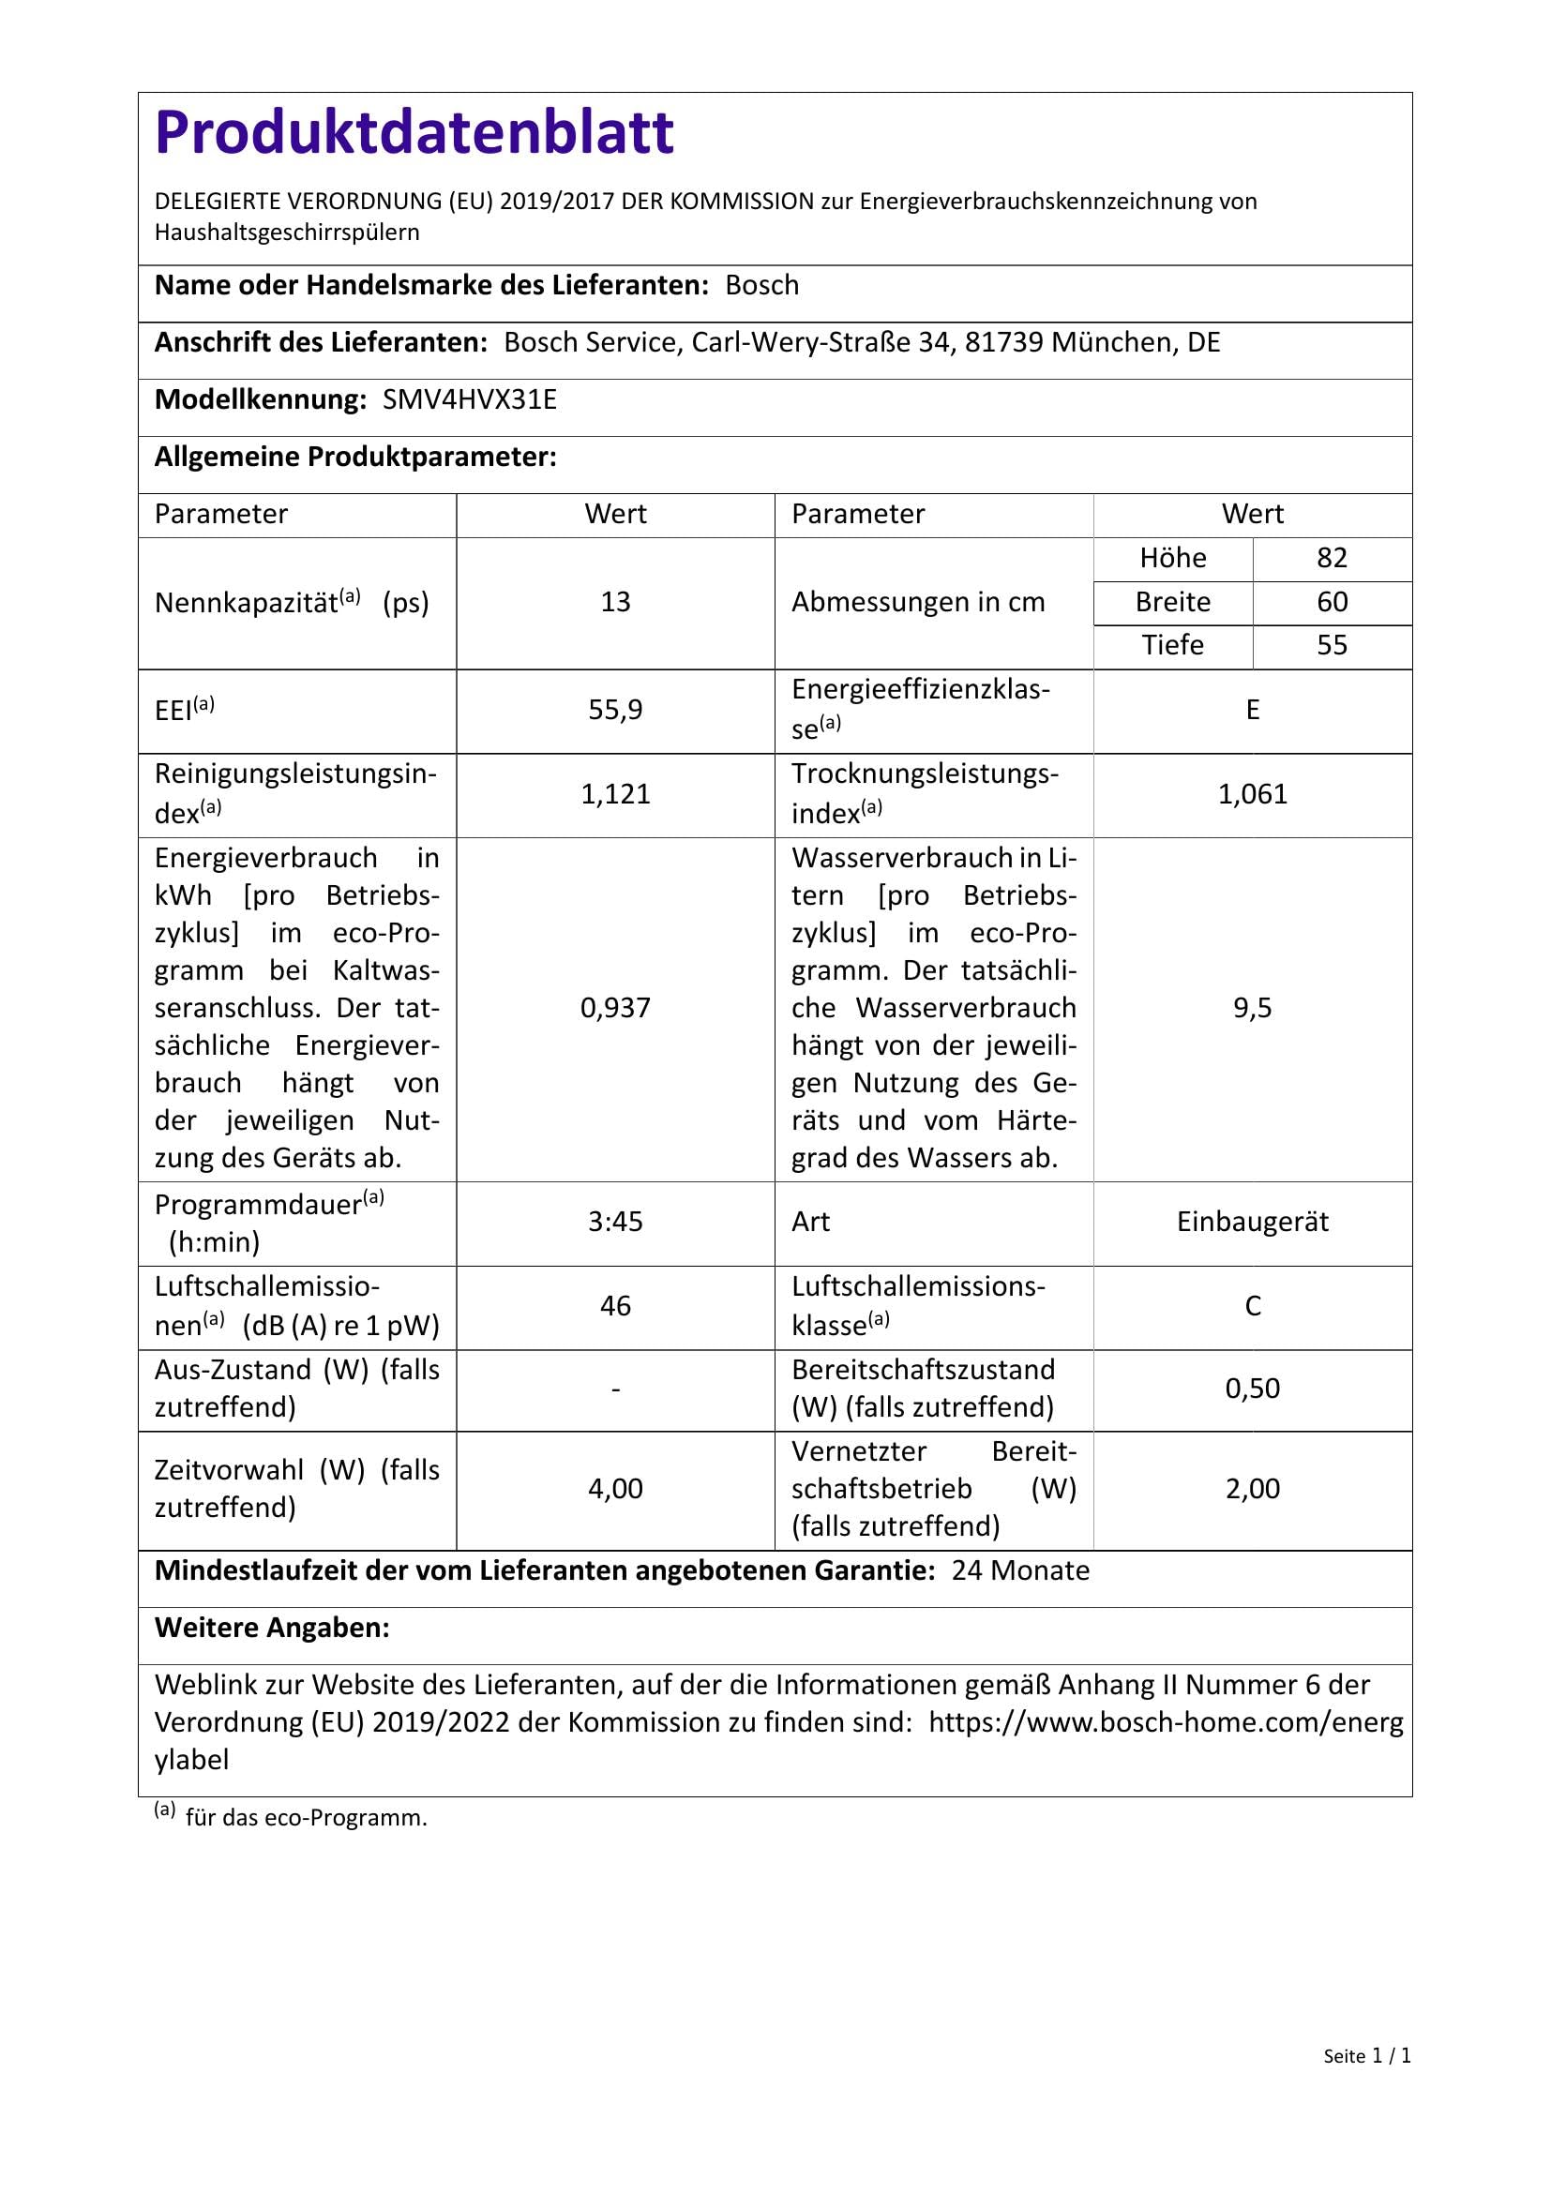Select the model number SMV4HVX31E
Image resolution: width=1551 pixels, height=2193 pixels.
click(x=469, y=399)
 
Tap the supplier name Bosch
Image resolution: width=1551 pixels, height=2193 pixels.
click(x=761, y=286)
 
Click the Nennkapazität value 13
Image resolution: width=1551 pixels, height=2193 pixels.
click(x=615, y=602)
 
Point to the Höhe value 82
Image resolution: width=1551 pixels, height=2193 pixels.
click(x=1332, y=558)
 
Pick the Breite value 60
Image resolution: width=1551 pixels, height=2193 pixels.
click(x=1332, y=602)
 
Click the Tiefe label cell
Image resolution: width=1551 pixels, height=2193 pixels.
click(x=1172, y=646)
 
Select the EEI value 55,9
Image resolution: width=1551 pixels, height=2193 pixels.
click(x=615, y=710)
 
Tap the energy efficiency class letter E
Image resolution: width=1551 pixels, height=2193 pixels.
click(x=1252, y=710)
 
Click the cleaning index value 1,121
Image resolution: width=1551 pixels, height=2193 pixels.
click(x=615, y=794)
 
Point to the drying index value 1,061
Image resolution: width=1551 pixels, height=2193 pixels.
click(x=1252, y=794)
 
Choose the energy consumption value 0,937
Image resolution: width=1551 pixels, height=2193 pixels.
click(x=615, y=1008)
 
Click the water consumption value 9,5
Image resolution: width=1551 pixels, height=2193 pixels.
click(x=1252, y=1008)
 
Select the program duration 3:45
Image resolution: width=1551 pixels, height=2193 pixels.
click(x=615, y=1222)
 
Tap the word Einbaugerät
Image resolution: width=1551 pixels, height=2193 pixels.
click(x=1252, y=1222)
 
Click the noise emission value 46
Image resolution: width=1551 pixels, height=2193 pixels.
click(x=615, y=1306)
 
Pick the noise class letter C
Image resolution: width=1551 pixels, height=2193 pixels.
click(x=1252, y=1306)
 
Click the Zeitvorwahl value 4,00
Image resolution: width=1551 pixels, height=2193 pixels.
click(x=615, y=1488)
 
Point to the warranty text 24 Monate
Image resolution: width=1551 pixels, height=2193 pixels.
click(x=1020, y=1571)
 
